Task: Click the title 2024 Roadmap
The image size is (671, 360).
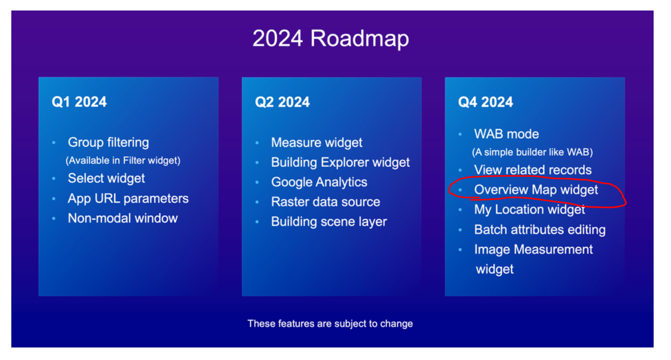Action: (330, 39)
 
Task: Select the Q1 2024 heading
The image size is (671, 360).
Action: (79, 102)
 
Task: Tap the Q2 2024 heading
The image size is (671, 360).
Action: (282, 102)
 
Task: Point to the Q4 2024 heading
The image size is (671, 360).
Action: (485, 102)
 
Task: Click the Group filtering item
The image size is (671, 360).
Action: (108, 142)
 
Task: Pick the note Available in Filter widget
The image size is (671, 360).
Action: (123, 160)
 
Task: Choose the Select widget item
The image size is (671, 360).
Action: (106, 178)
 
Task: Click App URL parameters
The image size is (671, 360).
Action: (128, 198)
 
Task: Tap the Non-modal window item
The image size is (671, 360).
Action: (123, 218)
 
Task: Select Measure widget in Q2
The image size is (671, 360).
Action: (317, 143)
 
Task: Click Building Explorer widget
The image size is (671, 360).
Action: (340, 162)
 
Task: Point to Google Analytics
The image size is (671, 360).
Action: (319, 182)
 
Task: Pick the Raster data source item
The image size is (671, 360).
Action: (326, 202)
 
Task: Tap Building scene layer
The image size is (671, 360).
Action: (329, 222)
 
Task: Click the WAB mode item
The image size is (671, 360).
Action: (507, 134)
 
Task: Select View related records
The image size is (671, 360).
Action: (533, 170)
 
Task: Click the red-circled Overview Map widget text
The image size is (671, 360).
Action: (536, 190)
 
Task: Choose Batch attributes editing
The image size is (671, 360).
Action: (540, 229)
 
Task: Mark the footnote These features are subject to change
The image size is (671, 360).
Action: (330, 324)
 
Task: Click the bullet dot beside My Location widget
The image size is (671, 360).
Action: (460, 210)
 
